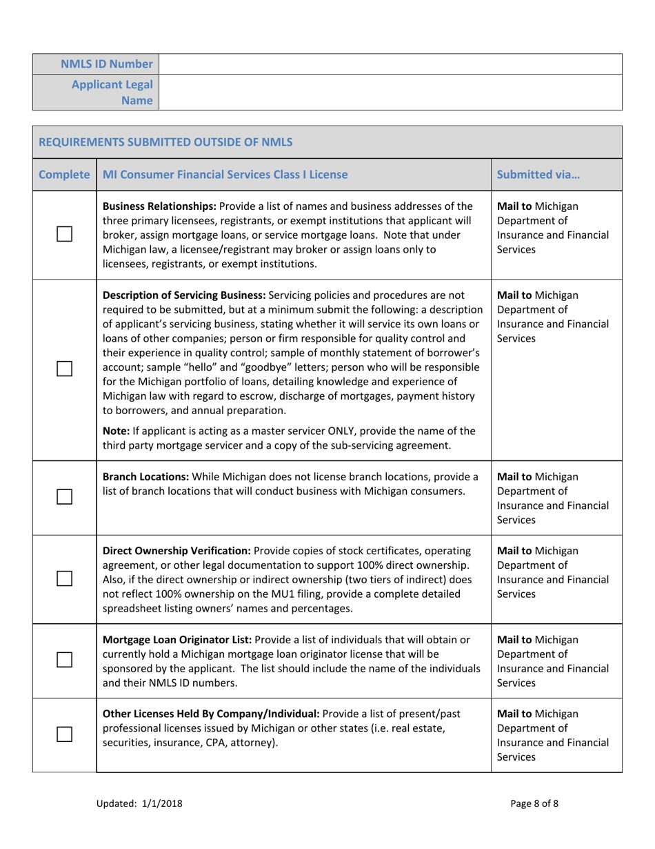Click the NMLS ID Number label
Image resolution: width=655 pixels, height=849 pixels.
[x=106, y=64]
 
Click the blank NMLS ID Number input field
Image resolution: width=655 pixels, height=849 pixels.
[x=390, y=64]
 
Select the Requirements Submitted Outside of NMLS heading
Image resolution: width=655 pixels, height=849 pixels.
[x=165, y=142]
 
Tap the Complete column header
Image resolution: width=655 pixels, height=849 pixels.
[x=64, y=175]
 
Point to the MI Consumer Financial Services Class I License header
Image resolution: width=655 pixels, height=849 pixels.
[x=225, y=175]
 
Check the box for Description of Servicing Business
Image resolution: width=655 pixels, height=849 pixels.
[x=64, y=369]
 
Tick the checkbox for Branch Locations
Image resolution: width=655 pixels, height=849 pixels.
[x=64, y=496]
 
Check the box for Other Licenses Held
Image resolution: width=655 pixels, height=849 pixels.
[x=64, y=735]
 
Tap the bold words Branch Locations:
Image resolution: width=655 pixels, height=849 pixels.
[x=145, y=477]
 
